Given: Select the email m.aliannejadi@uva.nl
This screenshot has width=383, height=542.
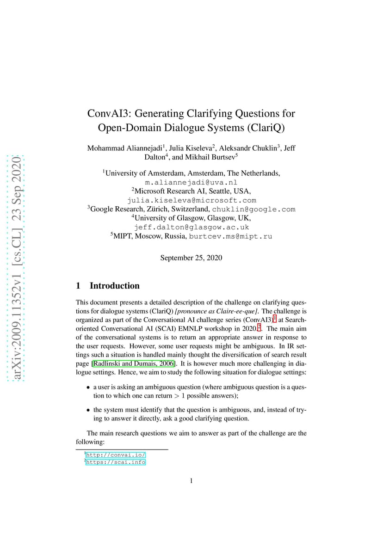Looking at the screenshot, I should (x=191, y=183).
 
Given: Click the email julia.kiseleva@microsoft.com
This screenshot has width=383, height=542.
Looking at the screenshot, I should (x=191, y=200).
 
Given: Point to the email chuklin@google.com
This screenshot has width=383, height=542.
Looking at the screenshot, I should (x=253, y=209).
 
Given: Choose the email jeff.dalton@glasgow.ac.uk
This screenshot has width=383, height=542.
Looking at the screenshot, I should (x=191, y=227).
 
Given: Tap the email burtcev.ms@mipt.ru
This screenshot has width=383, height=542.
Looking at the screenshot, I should (x=230, y=236).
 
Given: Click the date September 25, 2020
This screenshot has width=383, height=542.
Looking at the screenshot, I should (x=191, y=258).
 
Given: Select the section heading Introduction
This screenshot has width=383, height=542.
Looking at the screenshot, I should (x=114, y=286).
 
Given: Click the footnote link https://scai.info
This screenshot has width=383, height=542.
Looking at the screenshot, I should (x=116, y=462).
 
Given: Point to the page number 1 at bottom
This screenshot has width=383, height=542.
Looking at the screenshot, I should (x=191, y=481).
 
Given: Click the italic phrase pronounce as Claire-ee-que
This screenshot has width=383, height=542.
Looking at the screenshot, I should (x=217, y=310).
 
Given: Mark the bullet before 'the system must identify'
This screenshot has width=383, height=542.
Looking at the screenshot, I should (x=88, y=410).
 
